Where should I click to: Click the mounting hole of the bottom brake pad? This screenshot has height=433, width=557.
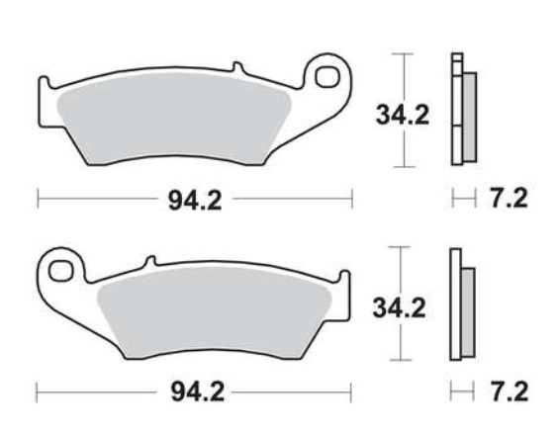click(60, 270)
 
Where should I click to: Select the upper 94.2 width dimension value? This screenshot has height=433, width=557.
click(193, 201)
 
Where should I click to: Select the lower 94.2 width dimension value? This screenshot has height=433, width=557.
click(193, 392)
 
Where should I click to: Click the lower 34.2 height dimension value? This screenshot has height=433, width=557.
click(400, 308)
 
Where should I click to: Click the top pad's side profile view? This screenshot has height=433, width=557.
click(461, 109)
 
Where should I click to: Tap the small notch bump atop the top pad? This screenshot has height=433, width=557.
click(235, 68)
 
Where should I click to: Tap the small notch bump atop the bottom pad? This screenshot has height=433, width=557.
click(151, 261)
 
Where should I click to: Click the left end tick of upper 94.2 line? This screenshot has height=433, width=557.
click(38, 201)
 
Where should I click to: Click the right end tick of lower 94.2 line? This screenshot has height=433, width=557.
click(352, 392)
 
